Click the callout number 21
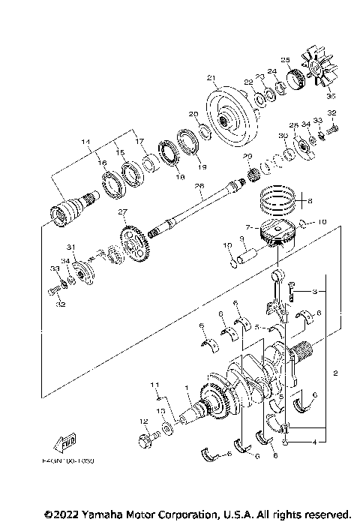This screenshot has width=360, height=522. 211,77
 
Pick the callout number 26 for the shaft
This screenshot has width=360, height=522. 199,186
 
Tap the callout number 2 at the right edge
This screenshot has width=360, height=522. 337,373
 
